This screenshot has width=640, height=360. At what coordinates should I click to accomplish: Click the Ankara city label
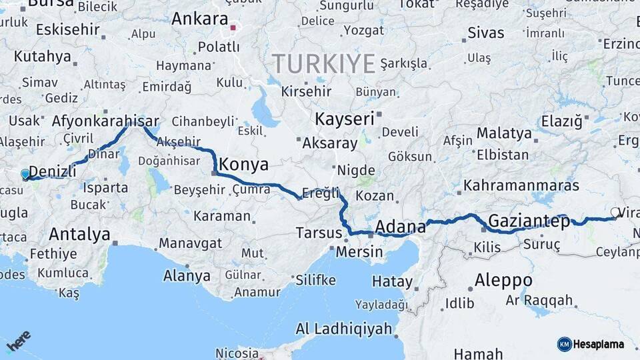(x=199, y=19)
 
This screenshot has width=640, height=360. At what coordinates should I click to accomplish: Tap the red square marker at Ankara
(x=233, y=28)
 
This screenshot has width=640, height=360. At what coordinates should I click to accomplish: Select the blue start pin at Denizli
(x=25, y=175)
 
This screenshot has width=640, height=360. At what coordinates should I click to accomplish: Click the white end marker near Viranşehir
(x=614, y=213)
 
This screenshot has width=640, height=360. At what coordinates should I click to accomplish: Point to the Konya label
(x=243, y=165)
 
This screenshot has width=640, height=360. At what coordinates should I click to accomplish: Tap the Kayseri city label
(x=344, y=119)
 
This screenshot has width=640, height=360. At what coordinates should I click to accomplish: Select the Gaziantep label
(x=529, y=221)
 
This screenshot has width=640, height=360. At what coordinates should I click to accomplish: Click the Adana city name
(x=400, y=227)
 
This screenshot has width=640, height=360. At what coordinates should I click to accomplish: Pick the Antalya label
(x=79, y=234)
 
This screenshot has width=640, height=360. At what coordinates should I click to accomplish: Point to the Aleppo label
(x=503, y=279)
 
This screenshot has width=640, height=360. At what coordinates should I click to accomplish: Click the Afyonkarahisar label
(x=105, y=121)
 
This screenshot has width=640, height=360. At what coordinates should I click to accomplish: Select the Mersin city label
(x=359, y=252)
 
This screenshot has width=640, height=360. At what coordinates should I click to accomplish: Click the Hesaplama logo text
(x=599, y=344)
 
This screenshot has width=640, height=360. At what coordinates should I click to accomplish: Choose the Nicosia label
(x=237, y=353)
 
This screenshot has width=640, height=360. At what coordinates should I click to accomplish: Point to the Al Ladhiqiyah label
(x=343, y=329)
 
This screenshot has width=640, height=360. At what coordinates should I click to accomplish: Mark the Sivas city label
(x=485, y=32)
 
